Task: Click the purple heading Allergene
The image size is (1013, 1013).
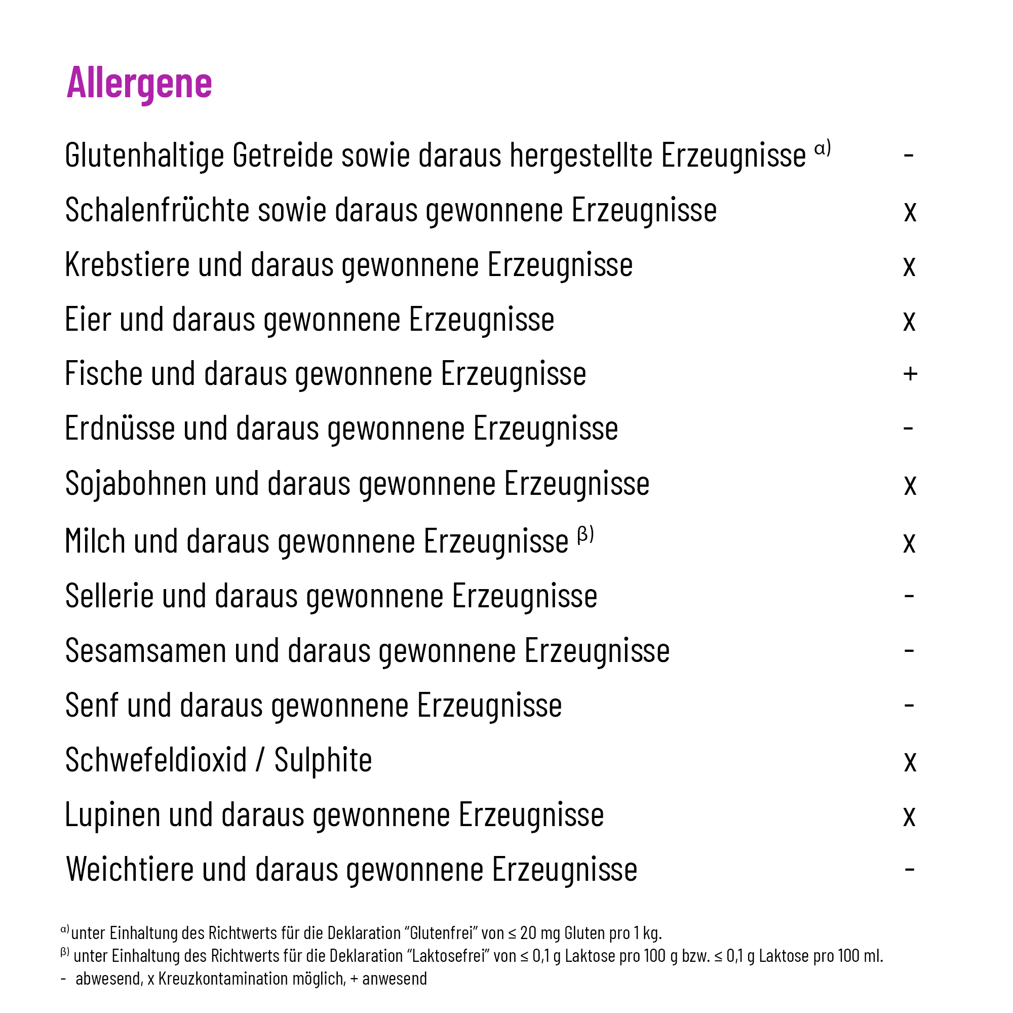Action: (139, 83)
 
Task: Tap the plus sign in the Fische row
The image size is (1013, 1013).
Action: (910, 374)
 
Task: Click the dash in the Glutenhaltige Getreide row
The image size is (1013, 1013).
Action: (909, 155)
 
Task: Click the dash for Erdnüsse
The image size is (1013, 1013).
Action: (909, 428)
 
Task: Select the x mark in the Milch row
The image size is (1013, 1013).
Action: (909, 542)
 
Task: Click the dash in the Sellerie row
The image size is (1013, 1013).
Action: (909, 596)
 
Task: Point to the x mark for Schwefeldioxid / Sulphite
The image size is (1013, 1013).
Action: (910, 761)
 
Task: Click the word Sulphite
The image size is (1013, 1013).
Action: (323, 760)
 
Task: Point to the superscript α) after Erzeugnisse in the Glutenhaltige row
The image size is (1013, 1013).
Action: (822, 148)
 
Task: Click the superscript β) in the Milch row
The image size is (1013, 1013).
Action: (586, 534)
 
